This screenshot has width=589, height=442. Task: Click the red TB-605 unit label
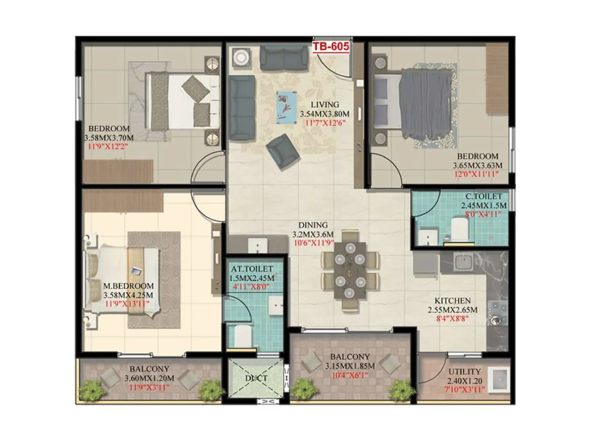(331, 46)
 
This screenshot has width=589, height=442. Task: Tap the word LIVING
(325, 105)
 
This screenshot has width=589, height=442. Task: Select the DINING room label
(313, 225)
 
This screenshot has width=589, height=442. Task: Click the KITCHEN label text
(452, 301)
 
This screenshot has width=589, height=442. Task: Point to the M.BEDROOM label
(128, 286)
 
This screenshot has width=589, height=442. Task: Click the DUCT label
(256, 378)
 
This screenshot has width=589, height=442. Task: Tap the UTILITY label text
(464, 372)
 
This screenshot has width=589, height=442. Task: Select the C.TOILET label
(483, 197)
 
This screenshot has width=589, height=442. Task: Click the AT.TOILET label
(252, 269)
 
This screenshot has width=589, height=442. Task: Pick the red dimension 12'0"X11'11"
(476, 174)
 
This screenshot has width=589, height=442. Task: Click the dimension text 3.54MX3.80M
(324, 114)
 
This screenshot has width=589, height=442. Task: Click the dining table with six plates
(350, 271)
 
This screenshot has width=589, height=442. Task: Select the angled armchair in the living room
(283, 151)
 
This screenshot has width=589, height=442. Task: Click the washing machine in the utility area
(499, 378)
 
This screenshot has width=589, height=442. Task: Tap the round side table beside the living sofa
(241, 57)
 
